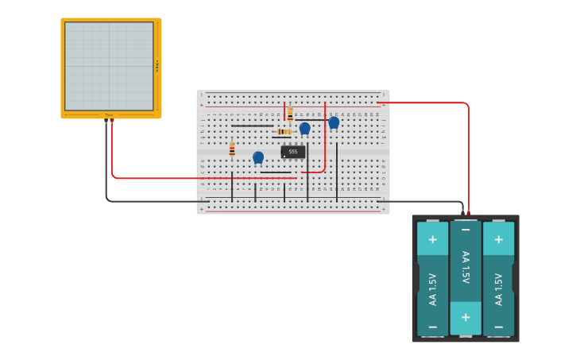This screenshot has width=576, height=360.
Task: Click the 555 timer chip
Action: (x=292, y=152)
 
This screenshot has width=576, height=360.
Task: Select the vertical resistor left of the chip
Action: (x=232, y=150)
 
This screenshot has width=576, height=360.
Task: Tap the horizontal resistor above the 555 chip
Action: (x=284, y=131)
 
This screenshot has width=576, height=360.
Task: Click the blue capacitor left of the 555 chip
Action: (x=258, y=157)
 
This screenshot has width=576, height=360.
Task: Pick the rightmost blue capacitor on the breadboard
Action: (x=334, y=122)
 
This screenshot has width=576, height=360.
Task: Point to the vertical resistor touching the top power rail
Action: (x=290, y=114)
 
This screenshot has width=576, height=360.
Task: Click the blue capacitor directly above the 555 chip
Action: (x=304, y=128)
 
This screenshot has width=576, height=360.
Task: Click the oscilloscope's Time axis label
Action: (x=109, y=115)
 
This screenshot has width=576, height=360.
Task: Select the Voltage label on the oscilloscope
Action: (x=157, y=66)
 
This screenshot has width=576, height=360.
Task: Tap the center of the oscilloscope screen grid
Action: (x=109, y=66)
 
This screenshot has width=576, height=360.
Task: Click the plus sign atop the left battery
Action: (x=432, y=239)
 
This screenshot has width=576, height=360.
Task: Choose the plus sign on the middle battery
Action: (x=466, y=318)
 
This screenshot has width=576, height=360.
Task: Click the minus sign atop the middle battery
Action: (x=466, y=230)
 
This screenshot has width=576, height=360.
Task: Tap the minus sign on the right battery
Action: (x=498, y=327)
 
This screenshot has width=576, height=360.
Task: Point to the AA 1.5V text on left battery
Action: (x=432, y=289)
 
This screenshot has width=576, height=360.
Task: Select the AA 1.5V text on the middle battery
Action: (x=466, y=268)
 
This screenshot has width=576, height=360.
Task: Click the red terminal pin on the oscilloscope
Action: (x=112, y=121)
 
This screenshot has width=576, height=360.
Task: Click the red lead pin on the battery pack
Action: (x=469, y=213)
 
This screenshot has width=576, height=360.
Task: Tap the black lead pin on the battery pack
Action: (x=462, y=213)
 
